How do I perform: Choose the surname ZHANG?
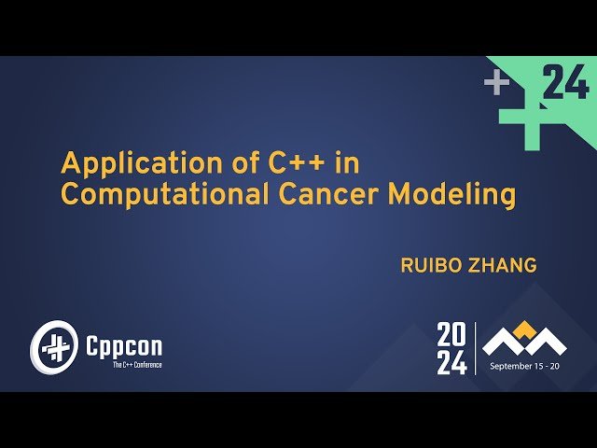505,266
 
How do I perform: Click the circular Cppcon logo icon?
52,348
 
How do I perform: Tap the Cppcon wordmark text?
123,346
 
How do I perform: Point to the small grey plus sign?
496,84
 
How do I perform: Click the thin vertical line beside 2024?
476,349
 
